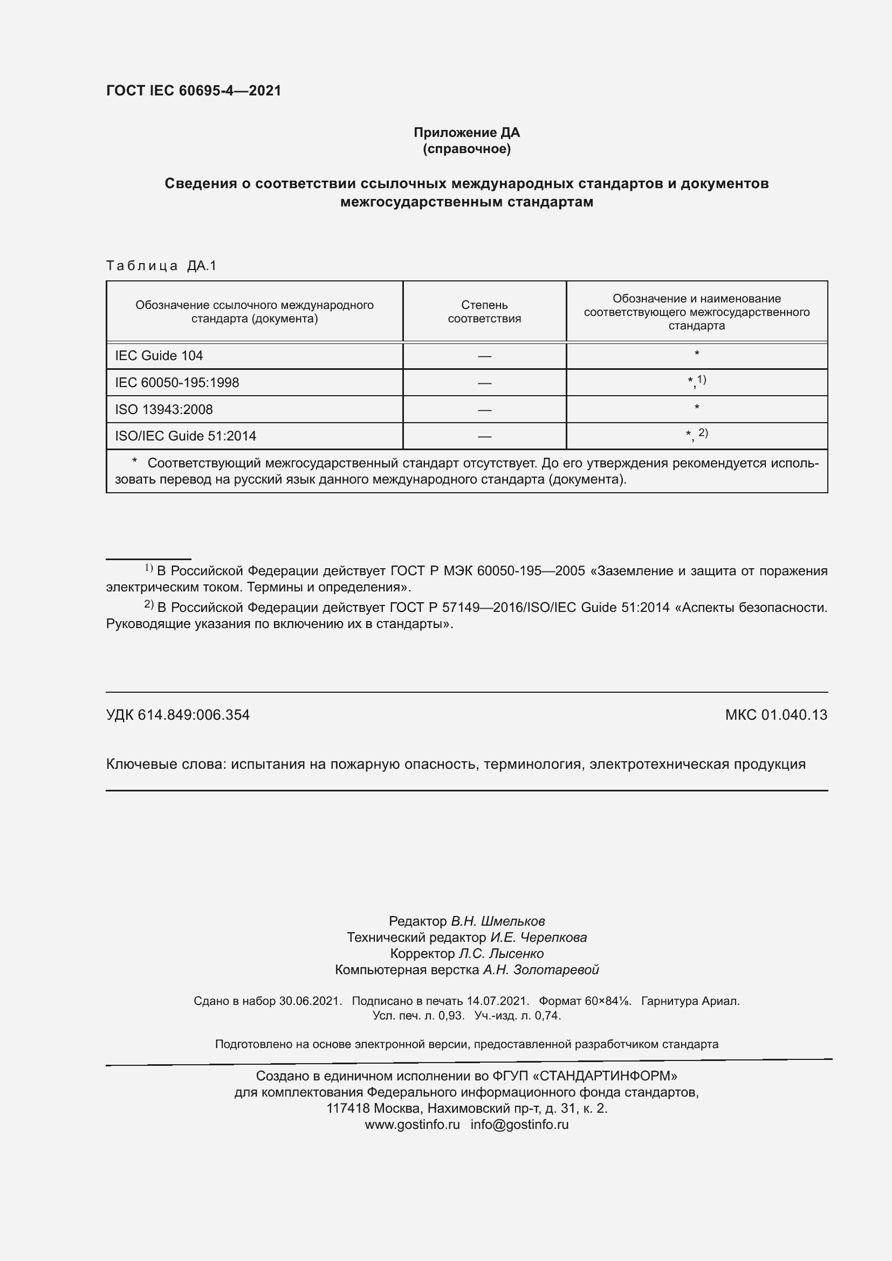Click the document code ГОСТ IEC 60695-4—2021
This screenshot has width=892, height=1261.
click(x=194, y=91)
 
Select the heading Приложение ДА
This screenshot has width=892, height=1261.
click(x=466, y=133)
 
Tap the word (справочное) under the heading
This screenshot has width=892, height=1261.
click(x=466, y=149)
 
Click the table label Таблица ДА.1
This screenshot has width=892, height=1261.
click(x=161, y=266)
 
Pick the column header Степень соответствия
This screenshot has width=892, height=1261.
click(x=484, y=312)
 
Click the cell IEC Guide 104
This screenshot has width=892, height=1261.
click(x=159, y=356)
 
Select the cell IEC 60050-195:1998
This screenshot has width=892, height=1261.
click(x=177, y=383)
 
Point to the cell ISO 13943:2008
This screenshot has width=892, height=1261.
click(x=164, y=410)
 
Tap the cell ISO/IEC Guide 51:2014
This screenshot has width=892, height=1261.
click(x=186, y=436)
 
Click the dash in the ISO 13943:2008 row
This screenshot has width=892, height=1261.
click(x=484, y=410)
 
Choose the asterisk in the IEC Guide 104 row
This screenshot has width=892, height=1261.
click(x=696, y=354)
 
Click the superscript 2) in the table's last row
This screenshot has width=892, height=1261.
click(x=703, y=433)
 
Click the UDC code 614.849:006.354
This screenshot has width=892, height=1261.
click(x=194, y=715)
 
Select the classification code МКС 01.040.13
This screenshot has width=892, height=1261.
click(x=776, y=715)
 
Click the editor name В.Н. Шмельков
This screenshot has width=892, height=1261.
click(x=498, y=921)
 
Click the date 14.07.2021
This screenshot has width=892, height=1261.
click(x=497, y=1001)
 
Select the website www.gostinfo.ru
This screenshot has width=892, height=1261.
click(x=412, y=1124)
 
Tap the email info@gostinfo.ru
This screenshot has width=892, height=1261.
click(x=519, y=1124)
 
